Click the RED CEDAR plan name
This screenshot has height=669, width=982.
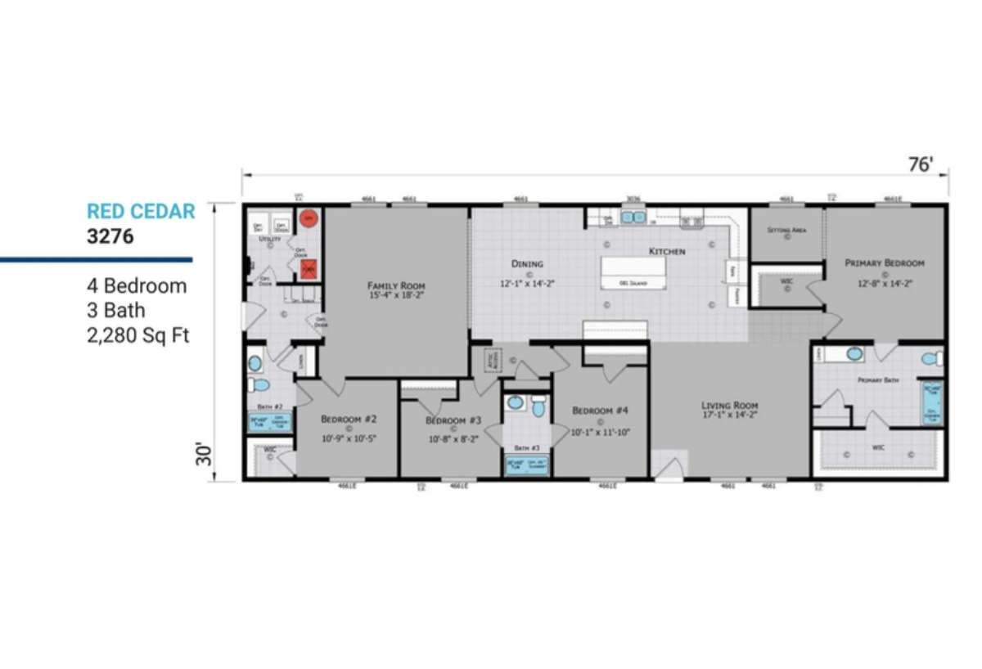[141, 212]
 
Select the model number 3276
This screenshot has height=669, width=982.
[110, 236]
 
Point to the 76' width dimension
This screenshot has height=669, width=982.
[921, 164]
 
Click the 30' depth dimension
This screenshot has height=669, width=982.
[204, 455]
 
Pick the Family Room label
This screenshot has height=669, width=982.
[396, 285]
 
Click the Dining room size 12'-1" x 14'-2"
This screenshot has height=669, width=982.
[528, 285]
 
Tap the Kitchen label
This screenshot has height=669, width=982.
[667, 251]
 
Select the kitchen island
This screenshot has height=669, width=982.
[633, 272]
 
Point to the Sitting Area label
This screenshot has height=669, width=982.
[786, 231]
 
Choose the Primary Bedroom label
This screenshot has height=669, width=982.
[885, 263]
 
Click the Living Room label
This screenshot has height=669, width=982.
[730, 406]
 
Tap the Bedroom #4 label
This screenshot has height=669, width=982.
[600, 411]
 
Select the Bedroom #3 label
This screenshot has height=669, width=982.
[453, 420]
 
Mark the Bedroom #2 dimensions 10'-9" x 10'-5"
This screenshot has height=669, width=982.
[348, 438]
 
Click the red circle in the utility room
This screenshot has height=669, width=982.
[308, 218]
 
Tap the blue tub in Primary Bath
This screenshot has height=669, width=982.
[931, 402]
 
